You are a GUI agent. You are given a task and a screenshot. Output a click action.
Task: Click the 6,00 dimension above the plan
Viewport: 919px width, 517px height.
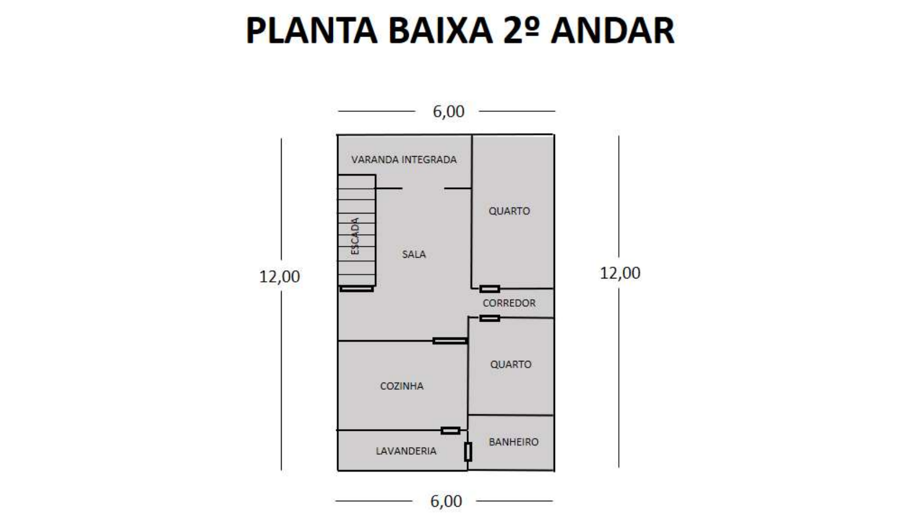coord(448,111)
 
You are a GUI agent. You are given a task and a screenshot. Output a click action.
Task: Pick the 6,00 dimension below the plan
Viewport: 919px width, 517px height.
coord(446,501)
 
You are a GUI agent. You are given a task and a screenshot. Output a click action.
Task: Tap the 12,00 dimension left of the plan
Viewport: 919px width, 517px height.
coord(279,277)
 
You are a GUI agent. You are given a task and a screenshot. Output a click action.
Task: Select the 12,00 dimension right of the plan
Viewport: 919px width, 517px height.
coord(620,273)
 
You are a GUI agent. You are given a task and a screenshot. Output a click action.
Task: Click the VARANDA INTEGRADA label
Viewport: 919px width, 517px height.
coord(404,160)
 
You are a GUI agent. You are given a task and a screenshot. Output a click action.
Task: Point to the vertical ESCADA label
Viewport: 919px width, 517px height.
coord(355,236)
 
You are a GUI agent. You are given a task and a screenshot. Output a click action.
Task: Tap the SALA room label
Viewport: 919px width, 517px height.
coord(414,254)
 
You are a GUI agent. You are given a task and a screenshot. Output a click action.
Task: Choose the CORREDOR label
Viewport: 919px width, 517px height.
coord(509,304)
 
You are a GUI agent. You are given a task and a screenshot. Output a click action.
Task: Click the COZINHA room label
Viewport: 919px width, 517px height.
coord(402,386)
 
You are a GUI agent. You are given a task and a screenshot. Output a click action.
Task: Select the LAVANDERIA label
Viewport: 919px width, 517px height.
coord(406,451)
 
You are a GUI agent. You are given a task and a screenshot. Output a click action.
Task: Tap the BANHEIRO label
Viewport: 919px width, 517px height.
coord(514,442)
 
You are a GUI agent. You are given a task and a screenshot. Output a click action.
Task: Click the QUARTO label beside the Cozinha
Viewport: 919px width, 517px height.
coord(510,364)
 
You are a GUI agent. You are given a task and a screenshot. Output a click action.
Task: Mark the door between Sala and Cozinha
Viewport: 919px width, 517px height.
coord(450,341)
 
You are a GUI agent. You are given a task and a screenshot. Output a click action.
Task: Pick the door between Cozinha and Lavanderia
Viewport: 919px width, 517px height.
coord(450,431)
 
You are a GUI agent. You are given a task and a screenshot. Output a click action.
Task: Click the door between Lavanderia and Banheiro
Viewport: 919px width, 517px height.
coord(468,452)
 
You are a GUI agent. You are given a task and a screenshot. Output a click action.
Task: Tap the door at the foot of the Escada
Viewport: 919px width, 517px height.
coord(356,288)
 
